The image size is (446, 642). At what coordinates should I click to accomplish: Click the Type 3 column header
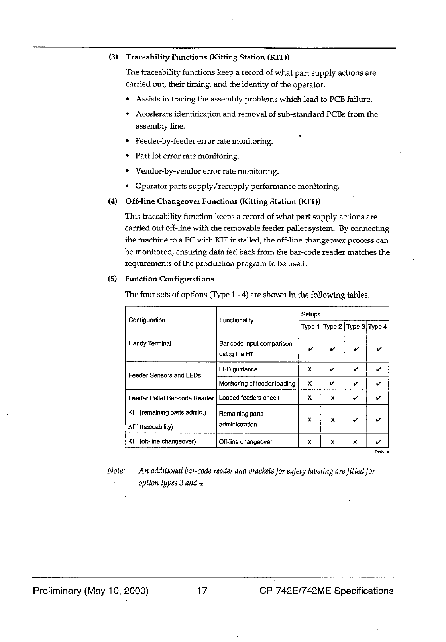(355, 327)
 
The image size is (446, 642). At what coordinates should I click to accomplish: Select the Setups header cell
(311, 314)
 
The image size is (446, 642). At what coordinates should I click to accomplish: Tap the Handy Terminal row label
(150, 343)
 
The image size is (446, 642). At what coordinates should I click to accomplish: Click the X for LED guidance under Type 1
(310, 369)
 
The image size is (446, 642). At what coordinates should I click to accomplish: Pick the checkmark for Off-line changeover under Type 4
(378, 442)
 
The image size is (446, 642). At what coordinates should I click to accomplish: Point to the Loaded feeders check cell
(249, 398)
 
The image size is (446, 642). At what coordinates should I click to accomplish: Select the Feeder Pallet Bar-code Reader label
(171, 398)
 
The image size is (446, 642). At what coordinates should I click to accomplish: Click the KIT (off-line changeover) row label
(162, 441)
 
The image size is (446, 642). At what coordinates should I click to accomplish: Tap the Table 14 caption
(381, 452)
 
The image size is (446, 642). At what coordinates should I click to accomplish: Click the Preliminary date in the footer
(90, 591)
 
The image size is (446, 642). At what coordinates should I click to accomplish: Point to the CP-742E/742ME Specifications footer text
(326, 591)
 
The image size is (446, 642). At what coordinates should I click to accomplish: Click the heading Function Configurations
(169, 279)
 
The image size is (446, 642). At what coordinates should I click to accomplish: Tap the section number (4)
(113, 201)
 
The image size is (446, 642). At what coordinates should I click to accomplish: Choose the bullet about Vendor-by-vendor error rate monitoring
(207, 172)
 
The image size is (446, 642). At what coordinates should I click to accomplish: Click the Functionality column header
(236, 320)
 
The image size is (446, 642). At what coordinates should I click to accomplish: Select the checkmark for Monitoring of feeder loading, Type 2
(332, 384)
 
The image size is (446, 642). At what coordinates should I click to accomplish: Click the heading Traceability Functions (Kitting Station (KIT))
(207, 57)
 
